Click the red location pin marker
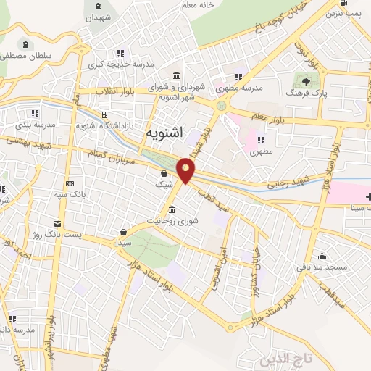186,169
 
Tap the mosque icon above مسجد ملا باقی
322,256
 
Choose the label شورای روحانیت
172,220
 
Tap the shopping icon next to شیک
165,174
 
